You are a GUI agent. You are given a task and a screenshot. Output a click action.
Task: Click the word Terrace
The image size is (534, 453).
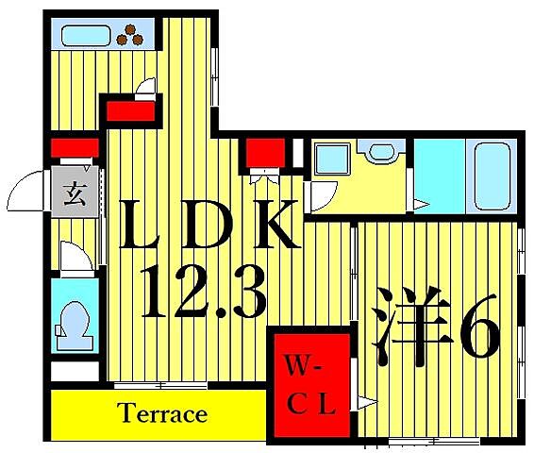click(162, 412)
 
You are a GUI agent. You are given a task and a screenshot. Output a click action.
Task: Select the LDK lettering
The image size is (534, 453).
click(209, 225)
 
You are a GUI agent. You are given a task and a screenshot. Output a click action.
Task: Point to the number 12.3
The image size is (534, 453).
click(203, 293)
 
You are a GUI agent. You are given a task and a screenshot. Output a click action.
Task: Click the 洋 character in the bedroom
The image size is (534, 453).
click(412, 327)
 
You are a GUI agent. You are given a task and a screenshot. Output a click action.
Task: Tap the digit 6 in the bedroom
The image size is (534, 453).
click(479, 327)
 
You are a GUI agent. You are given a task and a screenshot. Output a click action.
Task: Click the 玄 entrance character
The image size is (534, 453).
click(75, 193)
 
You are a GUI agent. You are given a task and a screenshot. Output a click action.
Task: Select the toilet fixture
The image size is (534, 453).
click(75, 326)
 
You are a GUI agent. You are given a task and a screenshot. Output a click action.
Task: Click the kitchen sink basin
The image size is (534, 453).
click(86, 36)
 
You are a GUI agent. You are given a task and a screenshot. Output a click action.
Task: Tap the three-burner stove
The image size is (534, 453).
click(130, 36)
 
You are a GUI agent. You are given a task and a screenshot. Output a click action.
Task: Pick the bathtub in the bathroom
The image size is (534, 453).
click(492, 176)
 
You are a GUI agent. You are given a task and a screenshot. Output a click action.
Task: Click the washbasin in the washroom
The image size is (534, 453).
click(381, 151)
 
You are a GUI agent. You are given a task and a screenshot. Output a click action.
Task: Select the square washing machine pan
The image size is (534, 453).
click(332, 159)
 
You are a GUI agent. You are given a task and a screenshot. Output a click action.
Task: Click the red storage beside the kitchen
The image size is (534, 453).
click(131, 111)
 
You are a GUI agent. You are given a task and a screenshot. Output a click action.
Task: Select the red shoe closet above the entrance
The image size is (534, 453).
click(75, 148)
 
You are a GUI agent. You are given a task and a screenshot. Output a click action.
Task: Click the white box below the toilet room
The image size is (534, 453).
click(75, 371)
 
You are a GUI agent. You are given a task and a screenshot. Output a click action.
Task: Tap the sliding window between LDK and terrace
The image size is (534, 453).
click(160, 386)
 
